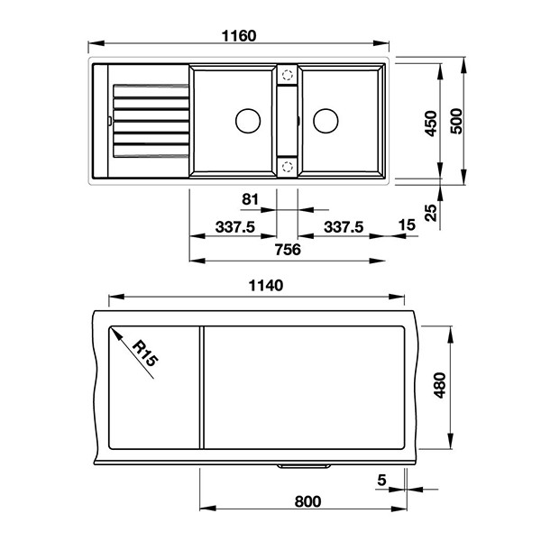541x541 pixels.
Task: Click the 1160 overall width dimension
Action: (239, 36)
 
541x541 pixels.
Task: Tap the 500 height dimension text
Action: (456, 121)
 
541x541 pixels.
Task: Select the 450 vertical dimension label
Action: (431, 124)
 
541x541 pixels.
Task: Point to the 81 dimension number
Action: (250, 199)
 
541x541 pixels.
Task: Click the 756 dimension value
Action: (288, 250)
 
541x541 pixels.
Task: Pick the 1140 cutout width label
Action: (266, 286)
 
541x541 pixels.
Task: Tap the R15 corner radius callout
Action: (145, 353)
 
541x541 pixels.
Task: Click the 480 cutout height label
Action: (440, 385)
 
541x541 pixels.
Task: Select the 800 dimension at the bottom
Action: (307, 501)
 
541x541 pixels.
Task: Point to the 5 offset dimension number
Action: (381, 480)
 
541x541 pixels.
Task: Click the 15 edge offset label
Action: (407, 225)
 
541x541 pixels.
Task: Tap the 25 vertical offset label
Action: (431, 212)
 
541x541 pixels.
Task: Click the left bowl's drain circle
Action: (248, 121)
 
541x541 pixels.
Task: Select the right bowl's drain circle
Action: (326, 121)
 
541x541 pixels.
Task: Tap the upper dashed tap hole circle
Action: (288, 75)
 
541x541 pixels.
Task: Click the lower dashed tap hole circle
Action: (288, 167)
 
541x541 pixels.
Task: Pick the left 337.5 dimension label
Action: (235, 227)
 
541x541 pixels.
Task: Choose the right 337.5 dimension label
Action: (344, 227)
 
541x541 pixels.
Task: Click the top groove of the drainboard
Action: (151, 91)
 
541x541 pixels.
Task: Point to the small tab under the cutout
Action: (304, 466)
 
